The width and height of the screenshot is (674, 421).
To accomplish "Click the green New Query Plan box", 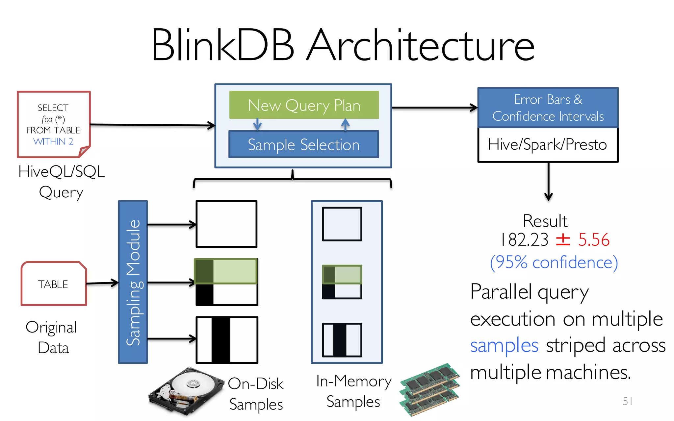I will tap(304, 105).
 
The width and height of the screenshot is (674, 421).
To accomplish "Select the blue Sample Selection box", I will tap(303, 144).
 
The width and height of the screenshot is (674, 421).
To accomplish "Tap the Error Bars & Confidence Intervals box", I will tap(548, 108).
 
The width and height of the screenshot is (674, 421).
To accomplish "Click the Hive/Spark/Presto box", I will tap(548, 145).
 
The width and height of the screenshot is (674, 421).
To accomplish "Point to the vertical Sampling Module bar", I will tap(133, 282).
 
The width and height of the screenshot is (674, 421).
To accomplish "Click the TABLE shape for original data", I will tap(53, 284).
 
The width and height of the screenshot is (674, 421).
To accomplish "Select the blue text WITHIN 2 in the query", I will tap(53, 141).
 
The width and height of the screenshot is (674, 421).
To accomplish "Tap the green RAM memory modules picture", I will tap(429, 390).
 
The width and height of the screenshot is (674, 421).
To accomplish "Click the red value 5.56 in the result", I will tap(594, 239).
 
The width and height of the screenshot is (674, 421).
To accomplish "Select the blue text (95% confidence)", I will tap(554, 262).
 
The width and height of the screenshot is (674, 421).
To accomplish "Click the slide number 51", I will tap(627, 401).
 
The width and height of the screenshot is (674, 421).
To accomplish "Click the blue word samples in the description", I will tap(504, 345).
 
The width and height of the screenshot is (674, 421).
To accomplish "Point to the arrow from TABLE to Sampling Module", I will tap(102, 283).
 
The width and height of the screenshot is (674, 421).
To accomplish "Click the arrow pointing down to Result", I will tap(548, 181).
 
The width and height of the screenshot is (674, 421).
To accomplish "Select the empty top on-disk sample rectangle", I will tap(226, 224).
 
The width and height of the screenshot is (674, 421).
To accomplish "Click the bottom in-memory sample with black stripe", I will tap(342, 340).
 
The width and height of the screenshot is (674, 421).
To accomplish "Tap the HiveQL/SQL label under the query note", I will tap(62, 171).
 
